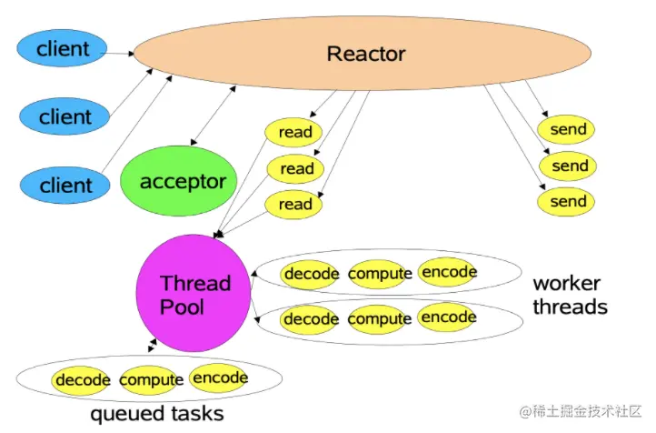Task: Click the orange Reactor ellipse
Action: (366, 54)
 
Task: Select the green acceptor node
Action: (183, 182)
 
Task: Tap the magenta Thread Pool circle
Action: (194, 294)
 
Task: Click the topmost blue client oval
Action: (65, 48)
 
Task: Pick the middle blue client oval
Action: (65, 116)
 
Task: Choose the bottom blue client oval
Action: (65, 185)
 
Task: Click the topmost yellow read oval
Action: (296, 133)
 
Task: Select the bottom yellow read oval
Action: (296, 205)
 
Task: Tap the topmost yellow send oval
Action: (570, 130)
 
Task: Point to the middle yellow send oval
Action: (570, 166)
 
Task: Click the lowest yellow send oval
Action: (570, 201)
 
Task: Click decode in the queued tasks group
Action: (82, 380)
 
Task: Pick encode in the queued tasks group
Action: (219, 378)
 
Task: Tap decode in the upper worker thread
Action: (311, 274)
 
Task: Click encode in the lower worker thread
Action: (448, 317)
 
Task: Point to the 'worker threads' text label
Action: (570, 295)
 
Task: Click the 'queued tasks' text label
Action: (157, 415)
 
